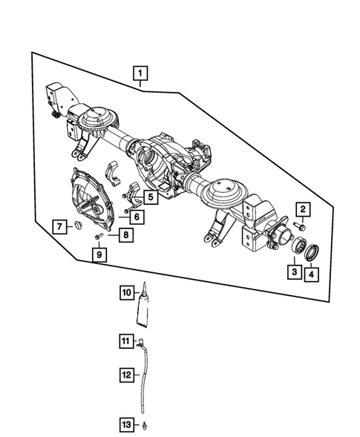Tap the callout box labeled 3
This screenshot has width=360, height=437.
tap(295, 273)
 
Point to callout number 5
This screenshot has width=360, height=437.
tap(150, 197)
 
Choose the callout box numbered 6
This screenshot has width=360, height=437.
tap(139, 217)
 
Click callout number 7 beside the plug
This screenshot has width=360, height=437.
tap(59, 226)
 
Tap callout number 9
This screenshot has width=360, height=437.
tap(98, 255)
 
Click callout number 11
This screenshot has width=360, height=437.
tap(126, 341)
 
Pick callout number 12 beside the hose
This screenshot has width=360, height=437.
tap(126, 375)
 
